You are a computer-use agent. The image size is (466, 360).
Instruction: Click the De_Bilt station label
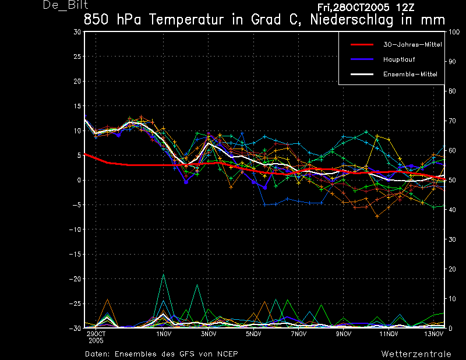pos(65,5)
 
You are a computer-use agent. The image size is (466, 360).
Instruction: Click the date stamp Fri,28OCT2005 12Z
pos(366,7)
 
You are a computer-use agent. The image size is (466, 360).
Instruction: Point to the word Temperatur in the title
pos(186,20)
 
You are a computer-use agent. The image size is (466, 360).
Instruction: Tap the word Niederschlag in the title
pos(352,20)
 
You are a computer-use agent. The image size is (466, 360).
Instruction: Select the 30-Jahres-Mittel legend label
pos(412,45)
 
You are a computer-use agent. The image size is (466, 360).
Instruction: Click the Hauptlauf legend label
pos(399,59)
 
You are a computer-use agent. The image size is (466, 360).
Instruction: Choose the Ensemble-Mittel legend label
pos(410,75)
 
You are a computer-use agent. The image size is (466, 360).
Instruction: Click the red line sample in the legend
pos(362,45)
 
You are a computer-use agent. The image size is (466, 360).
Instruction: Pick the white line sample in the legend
pos(362,75)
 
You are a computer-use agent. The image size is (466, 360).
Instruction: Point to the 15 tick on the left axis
pos(77,106)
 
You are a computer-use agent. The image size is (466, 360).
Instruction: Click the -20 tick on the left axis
pos(75,279)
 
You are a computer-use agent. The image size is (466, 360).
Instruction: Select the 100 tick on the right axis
pos(454,32)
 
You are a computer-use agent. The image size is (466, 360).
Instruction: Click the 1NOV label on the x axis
pos(164,334)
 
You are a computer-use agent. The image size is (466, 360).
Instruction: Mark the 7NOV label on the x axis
pos(299,334)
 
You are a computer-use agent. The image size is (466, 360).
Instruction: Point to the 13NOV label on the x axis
pos(433,334)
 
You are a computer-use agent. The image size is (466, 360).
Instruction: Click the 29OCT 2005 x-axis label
pos(96,337)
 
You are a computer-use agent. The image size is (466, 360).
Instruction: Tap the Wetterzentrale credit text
pos(416,354)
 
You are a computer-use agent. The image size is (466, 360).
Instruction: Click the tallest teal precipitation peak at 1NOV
pos(163,274)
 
